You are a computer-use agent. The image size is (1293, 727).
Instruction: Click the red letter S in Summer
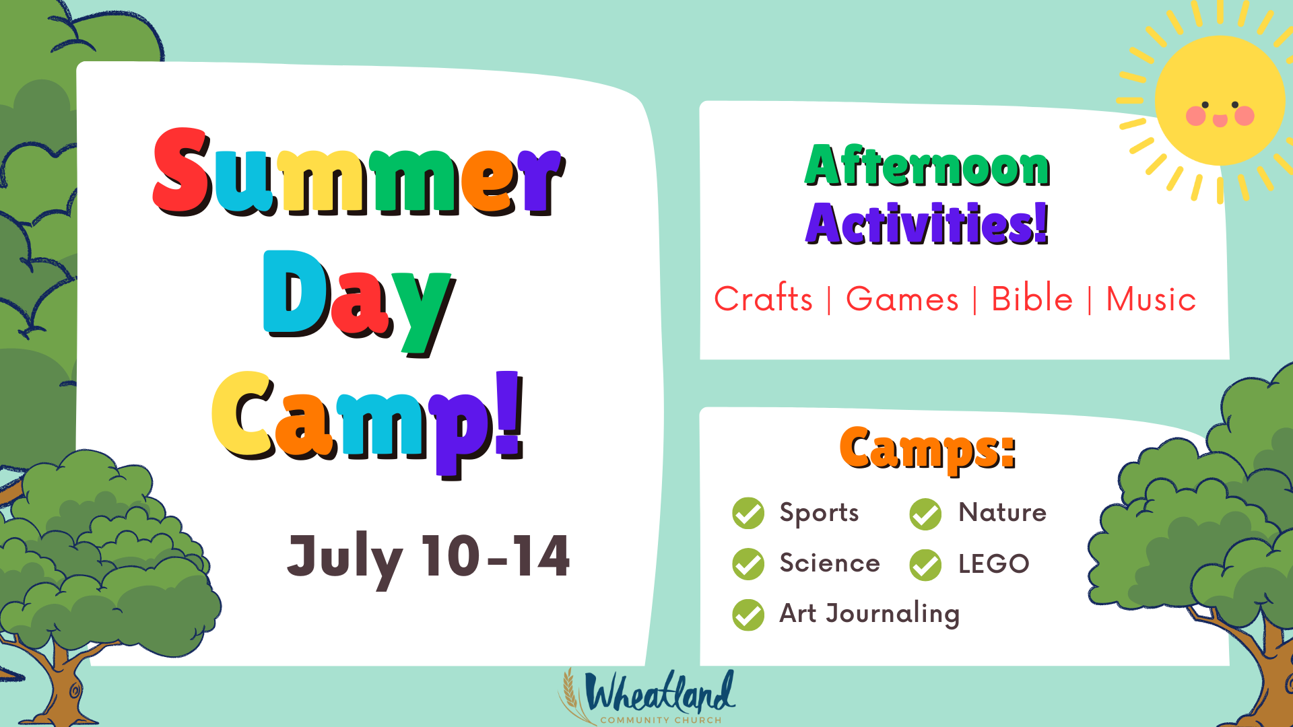coord(180,170)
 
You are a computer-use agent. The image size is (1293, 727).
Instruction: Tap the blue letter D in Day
coord(294,293)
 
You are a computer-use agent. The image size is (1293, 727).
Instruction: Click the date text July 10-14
coord(428,557)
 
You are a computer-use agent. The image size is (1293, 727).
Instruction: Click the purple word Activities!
coord(927,224)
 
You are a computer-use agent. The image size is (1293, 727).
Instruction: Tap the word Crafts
coord(763,299)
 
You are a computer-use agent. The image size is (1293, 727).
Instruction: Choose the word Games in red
coord(902,299)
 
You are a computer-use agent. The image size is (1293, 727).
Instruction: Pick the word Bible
coord(1032,299)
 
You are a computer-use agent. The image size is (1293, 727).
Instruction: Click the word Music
coord(1151,299)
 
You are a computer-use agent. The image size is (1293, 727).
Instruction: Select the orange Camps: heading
coord(927,449)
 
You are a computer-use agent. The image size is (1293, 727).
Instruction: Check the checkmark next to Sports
coord(748,514)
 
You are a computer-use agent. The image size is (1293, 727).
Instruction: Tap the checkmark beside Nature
coord(925,514)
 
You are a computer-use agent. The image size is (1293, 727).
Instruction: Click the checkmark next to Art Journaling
coord(748,615)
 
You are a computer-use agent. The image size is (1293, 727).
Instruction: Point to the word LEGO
coord(993,564)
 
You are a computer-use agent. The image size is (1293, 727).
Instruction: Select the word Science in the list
coord(829,563)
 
